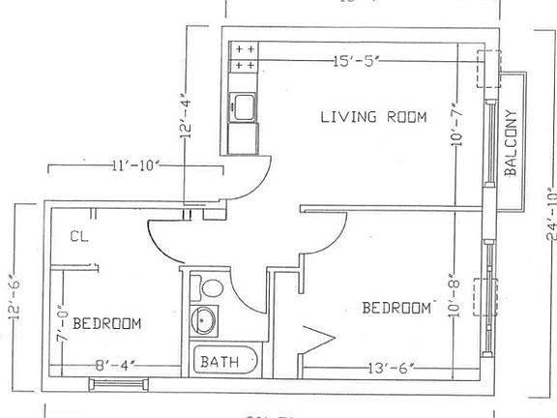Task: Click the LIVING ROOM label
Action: point(373,117)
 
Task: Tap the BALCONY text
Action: point(513,142)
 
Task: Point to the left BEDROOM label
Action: point(107,323)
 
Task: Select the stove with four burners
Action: point(244,56)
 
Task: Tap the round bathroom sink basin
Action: point(205,319)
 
